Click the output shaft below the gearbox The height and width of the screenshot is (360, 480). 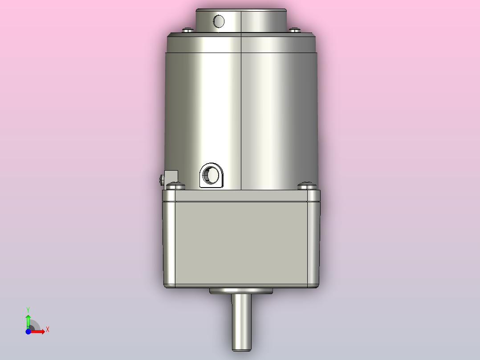241,321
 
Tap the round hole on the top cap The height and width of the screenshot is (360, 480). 219,20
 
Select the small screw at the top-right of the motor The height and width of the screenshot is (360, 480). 296,30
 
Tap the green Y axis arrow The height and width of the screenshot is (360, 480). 28,320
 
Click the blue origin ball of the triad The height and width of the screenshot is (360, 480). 28,331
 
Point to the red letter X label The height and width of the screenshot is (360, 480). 47,330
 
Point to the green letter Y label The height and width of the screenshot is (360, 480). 28,309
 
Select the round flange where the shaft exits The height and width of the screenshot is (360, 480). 241,291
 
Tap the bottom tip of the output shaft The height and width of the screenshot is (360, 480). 241,349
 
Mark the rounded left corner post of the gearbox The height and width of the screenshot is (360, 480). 169,241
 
